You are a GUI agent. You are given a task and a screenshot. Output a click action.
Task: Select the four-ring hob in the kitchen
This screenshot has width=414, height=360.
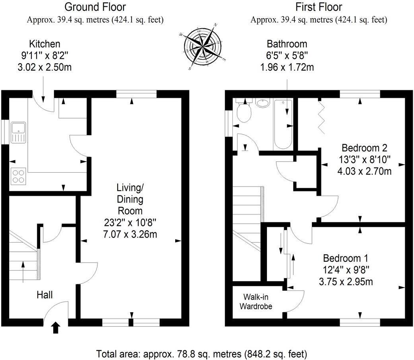point(18,175)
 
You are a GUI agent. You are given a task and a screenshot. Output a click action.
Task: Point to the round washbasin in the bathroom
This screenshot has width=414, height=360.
point(263,103)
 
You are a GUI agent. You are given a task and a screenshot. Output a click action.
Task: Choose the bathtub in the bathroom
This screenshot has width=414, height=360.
point(282,123)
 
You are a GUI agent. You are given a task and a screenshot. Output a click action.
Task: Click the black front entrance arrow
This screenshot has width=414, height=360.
point(56,327)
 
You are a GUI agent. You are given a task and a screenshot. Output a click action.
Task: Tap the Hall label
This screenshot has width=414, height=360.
point(44,295)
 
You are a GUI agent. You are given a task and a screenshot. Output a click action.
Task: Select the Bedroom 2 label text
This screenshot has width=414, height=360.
point(364,148)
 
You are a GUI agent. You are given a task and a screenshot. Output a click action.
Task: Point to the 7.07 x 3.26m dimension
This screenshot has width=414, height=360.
point(130,234)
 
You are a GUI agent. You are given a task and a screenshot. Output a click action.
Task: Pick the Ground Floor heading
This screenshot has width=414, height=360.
point(95,7)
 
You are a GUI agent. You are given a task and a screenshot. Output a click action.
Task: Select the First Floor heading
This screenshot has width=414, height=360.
point(319,7)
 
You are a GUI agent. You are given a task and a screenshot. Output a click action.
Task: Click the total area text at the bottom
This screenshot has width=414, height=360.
point(201,353)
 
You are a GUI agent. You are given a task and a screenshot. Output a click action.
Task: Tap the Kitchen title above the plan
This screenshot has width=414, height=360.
point(44,44)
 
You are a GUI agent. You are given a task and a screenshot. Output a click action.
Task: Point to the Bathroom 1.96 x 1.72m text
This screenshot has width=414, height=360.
point(287,67)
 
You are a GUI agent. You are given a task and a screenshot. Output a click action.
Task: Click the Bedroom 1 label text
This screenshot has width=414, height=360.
point(346,257)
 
